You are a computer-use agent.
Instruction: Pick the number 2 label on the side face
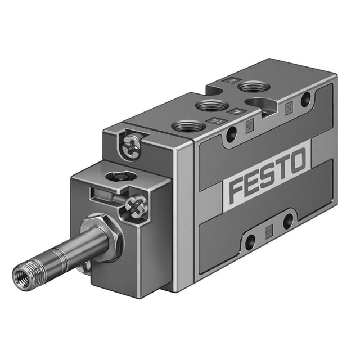[288, 109]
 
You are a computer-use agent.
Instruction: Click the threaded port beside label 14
[189, 127]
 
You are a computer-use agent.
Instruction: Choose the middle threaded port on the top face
[212, 106]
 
